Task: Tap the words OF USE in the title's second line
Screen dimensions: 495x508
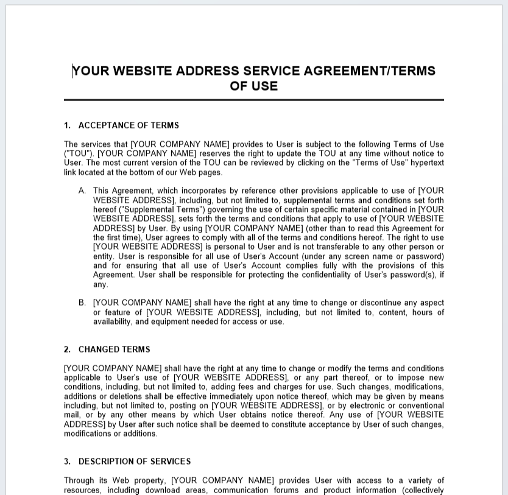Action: (x=253, y=86)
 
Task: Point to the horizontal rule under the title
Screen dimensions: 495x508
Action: (x=253, y=99)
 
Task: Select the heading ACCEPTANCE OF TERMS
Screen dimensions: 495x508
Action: (x=129, y=125)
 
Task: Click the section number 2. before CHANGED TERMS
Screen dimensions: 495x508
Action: (x=67, y=349)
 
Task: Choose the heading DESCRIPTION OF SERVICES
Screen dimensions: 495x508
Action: (x=134, y=462)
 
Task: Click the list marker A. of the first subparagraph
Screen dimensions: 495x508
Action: (x=82, y=191)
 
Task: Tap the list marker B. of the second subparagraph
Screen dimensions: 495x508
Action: (x=82, y=303)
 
